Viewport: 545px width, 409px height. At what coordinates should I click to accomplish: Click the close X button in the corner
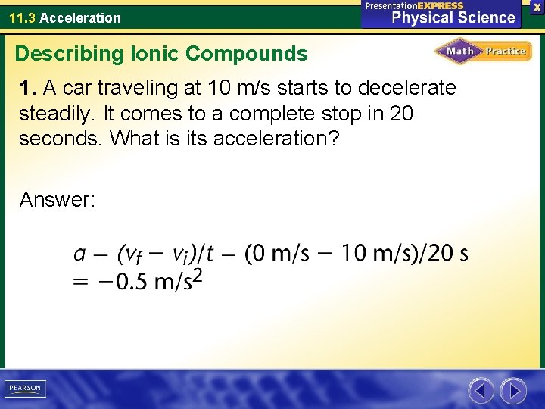[x=537, y=7]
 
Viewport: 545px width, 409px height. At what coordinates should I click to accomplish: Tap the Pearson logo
[x=25, y=389]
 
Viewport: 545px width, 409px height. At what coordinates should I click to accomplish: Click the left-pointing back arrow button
[x=481, y=391]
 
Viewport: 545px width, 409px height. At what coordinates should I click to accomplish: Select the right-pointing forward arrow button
[x=514, y=391]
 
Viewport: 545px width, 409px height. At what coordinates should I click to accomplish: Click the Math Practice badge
[x=483, y=52]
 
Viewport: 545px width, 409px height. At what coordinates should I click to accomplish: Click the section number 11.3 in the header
[x=22, y=17]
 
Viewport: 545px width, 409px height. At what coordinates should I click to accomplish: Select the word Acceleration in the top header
[x=80, y=17]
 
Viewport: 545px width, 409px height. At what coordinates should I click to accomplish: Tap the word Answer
[x=57, y=200]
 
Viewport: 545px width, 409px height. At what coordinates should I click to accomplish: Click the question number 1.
[x=28, y=89]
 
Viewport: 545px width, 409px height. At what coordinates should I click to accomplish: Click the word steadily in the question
[x=51, y=114]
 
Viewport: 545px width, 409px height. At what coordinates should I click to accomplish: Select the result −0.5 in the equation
[x=122, y=281]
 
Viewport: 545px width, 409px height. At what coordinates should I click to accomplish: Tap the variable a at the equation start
[x=79, y=254]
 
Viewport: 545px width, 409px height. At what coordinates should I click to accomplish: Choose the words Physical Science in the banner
[x=453, y=17]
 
